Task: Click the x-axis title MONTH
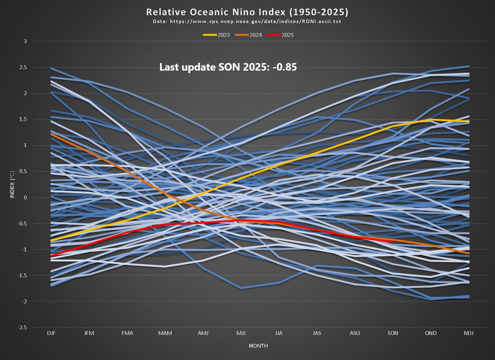pyautogui.click(x=259, y=346)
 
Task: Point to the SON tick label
pyautogui.click(x=393, y=333)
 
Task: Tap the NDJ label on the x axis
pyautogui.click(x=468, y=333)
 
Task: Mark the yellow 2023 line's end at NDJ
pyautogui.click(x=468, y=122)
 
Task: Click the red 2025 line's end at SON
pyautogui.click(x=393, y=242)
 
